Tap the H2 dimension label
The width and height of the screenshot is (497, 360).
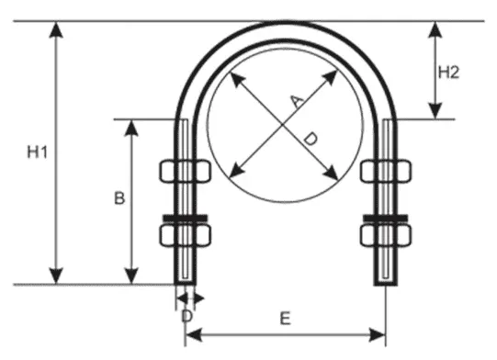point(447,73)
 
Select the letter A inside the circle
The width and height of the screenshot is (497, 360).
point(296,100)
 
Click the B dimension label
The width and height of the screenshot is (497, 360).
point(118,197)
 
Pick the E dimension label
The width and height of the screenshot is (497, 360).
point(285,319)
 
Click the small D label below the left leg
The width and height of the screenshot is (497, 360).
point(186,315)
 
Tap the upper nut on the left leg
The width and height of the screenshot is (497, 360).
point(185,172)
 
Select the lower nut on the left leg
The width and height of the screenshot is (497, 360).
point(185,236)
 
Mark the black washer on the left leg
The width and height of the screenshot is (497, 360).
point(185,218)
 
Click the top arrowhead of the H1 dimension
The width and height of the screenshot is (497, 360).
point(58,28)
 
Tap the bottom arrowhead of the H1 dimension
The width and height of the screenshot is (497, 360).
point(58,276)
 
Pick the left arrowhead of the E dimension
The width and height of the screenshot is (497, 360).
point(191,332)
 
